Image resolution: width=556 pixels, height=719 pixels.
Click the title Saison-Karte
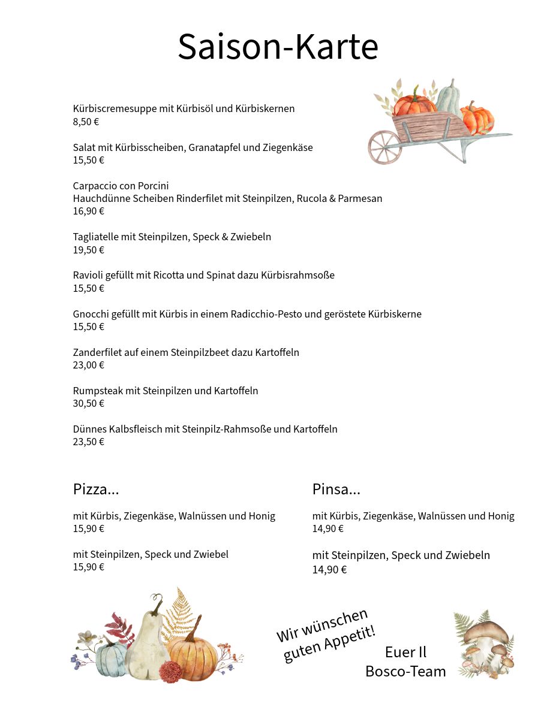[x=278, y=47]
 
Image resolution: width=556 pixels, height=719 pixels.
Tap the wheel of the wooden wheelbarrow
[x=384, y=147]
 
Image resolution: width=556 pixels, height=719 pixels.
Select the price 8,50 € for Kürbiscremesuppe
[x=86, y=122]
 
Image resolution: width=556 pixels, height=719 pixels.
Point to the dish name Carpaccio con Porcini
[x=121, y=186]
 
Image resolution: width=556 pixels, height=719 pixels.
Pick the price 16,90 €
[x=88, y=211]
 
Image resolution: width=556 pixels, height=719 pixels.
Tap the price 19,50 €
[x=88, y=250]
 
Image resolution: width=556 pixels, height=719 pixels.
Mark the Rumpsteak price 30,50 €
[x=88, y=403]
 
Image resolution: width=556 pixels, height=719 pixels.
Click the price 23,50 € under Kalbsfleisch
[x=88, y=442]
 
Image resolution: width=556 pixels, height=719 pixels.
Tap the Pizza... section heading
[x=96, y=489]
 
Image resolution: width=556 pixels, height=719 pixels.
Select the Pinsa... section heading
[x=336, y=489]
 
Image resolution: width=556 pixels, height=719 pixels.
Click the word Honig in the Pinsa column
[x=501, y=516]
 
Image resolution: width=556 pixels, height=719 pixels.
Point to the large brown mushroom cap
[x=486, y=630]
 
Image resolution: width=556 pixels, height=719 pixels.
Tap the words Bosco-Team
[x=405, y=671]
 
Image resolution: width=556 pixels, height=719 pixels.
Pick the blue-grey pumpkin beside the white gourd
[x=112, y=659]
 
